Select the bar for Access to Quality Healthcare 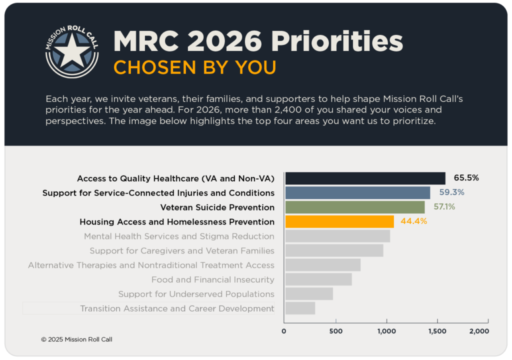click(x=365, y=178)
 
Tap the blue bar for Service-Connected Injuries click(x=357, y=193)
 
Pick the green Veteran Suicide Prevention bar click(x=354, y=207)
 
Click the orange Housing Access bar click(x=339, y=221)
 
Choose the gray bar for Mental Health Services click(x=337, y=236)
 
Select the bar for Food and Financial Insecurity click(x=318, y=279)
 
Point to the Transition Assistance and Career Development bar click(x=300, y=308)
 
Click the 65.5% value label click(x=466, y=177)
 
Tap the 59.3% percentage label click(x=451, y=192)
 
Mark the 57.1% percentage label click(x=444, y=206)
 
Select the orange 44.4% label click(x=413, y=221)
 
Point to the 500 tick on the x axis click(x=336, y=331)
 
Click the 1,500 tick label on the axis click(x=437, y=331)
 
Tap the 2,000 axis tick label click(x=479, y=331)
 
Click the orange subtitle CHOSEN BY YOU click(x=194, y=67)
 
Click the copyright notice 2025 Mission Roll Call click(x=76, y=339)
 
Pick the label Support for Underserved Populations click(x=196, y=294)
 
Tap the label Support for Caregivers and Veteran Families click(x=182, y=250)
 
